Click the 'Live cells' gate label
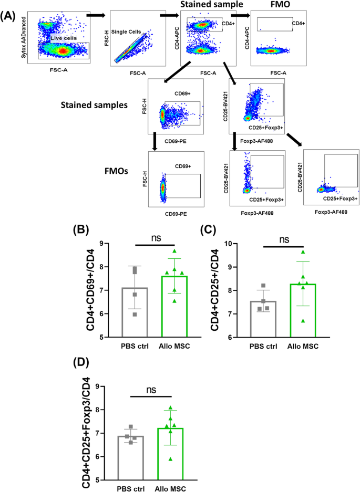[62, 38]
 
